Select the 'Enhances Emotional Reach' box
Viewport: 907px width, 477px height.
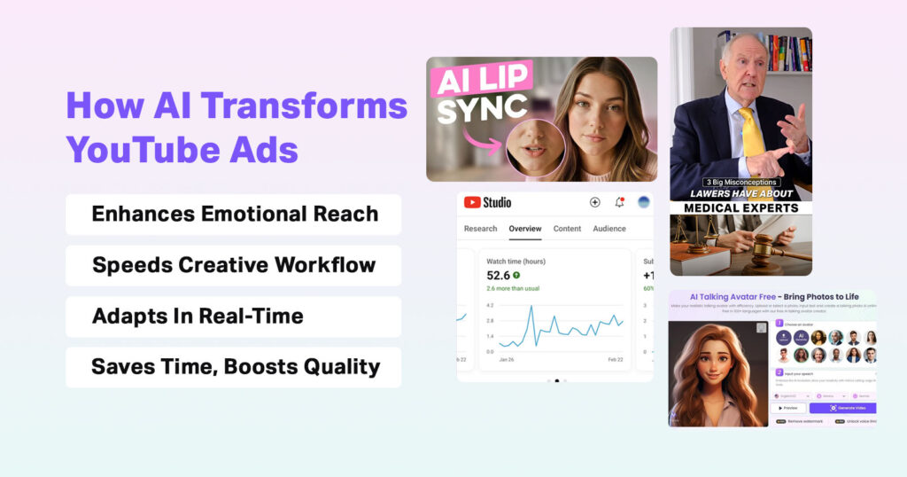tap(234, 215)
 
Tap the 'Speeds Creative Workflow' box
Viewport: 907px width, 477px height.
tap(234, 265)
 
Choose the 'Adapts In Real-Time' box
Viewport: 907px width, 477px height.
tap(234, 317)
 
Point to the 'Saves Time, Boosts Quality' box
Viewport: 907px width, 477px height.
tap(234, 367)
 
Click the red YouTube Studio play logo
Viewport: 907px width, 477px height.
tap(472, 202)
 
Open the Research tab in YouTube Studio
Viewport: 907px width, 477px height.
tap(480, 229)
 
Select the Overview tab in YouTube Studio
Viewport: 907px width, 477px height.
tap(525, 229)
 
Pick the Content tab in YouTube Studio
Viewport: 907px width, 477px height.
tap(567, 229)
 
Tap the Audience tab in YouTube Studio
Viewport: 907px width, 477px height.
tap(609, 229)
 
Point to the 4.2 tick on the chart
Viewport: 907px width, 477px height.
tap(490, 306)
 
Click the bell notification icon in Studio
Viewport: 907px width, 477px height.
tap(619, 202)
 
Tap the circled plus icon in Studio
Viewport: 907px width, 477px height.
tap(594, 202)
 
